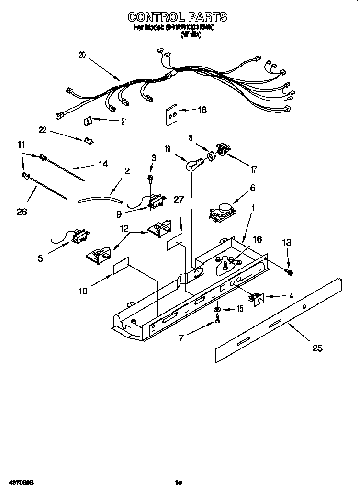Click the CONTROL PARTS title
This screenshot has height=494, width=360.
click(177, 17)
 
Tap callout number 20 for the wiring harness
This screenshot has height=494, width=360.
click(82, 55)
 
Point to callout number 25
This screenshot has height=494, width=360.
click(317, 348)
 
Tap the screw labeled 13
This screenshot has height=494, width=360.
click(289, 272)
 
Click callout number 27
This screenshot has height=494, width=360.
click(178, 200)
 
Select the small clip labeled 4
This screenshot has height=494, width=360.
click(259, 299)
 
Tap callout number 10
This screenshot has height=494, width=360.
click(83, 291)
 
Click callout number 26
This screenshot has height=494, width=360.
click(22, 212)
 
